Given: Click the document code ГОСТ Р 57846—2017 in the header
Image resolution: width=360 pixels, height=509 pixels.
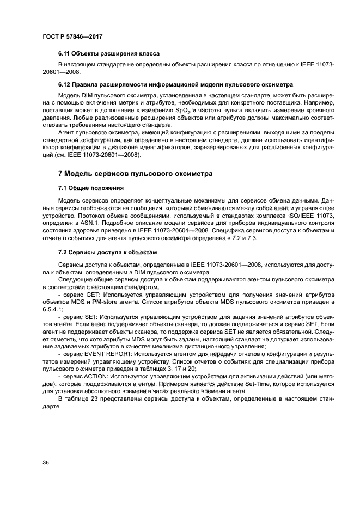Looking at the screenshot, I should [x=72, y=36].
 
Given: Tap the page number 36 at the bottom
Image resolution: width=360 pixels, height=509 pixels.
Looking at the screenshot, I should [x=45, y=462].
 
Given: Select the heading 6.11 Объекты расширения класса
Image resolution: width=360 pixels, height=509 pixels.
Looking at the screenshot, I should [x=108, y=54].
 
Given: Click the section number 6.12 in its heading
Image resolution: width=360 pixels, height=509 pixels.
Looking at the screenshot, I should [x=64, y=84].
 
